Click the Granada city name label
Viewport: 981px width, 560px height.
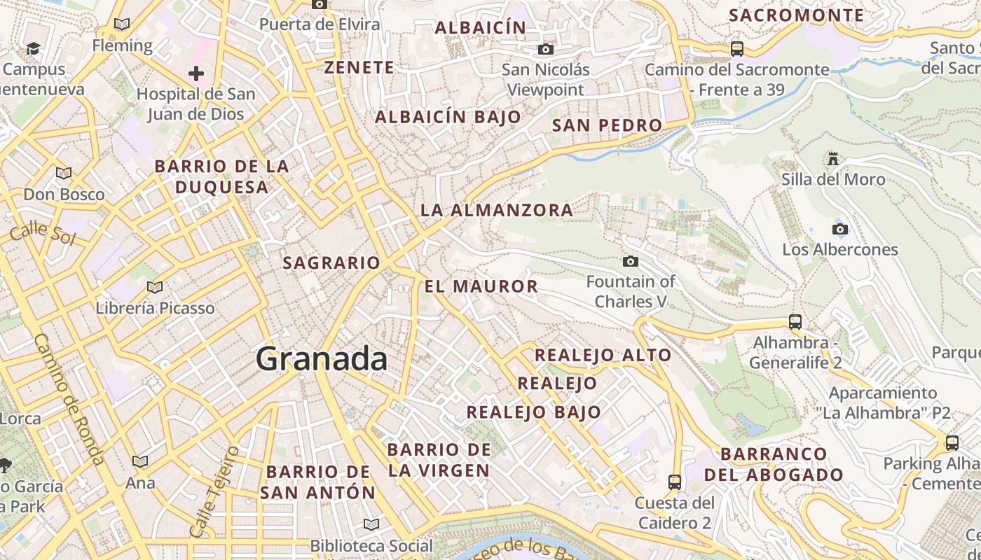click(x=321, y=359)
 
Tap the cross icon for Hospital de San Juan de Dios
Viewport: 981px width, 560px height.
click(x=196, y=73)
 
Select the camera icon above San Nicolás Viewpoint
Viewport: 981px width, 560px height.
click(x=546, y=49)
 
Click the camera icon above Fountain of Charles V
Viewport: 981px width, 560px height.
click(x=631, y=261)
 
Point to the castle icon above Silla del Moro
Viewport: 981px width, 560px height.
click(x=833, y=159)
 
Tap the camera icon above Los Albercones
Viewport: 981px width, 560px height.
click(x=839, y=229)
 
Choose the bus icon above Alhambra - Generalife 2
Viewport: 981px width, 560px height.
click(x=795, y=322)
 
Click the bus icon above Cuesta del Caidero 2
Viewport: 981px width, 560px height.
click(x=675, y=482)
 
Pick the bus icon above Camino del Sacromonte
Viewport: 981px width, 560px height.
click(x=737, y=48)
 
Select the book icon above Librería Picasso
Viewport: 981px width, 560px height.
click(x=155, y=287)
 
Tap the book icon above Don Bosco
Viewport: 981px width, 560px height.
click(x=64, y=173)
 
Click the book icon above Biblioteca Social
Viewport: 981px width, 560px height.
click(x=371, y=524)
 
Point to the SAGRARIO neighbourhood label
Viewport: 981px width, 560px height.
click(x=331, y=263)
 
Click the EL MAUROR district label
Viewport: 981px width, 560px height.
click(x=481, y=286)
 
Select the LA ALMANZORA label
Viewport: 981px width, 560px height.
click(x=497, y=210)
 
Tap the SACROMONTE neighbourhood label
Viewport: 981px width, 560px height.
click(x=797, y=15)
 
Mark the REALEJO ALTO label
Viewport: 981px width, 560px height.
click(x=603, y=355)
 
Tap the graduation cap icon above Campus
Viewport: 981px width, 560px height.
click(x=33, y=48)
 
